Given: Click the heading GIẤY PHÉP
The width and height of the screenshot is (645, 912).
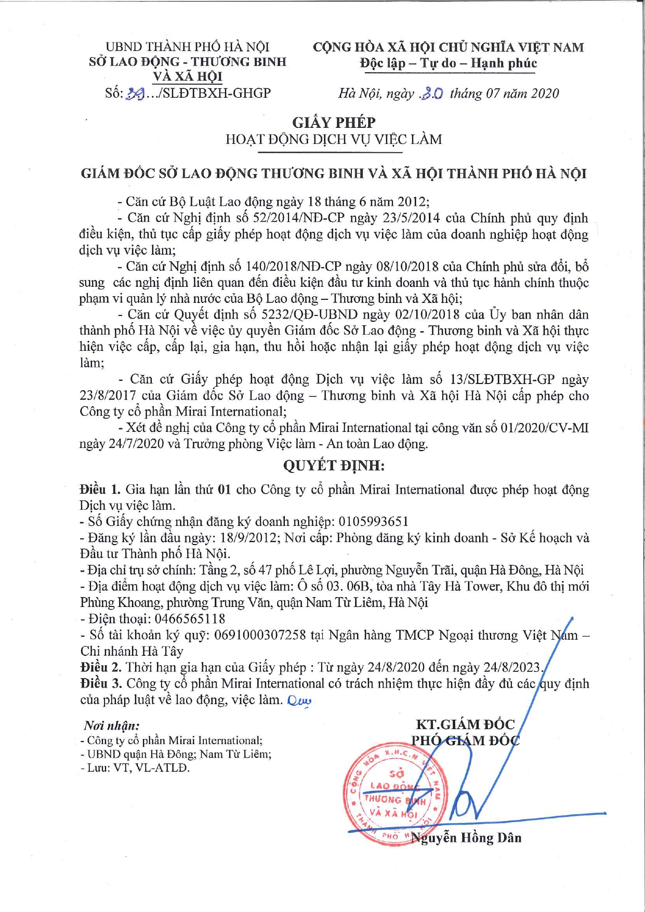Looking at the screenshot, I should coord(334,123).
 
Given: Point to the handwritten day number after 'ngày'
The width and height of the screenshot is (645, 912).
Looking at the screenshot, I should coord(432,94).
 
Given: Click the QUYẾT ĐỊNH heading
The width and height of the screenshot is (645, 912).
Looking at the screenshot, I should coord(334,465).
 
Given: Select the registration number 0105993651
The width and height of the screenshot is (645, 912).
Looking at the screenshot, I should coord(373,521).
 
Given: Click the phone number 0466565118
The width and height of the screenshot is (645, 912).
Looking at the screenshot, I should coord(189,618).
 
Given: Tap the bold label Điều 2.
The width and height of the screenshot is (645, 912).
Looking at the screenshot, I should coord(100,667).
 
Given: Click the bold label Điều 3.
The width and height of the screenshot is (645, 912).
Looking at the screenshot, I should coord(101,683).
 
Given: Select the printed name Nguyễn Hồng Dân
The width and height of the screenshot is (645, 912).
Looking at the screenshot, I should coord(466,838).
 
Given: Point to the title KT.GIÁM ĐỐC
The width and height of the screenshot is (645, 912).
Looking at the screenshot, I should coord(465,724).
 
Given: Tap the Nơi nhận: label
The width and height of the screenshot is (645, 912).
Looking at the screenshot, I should coord(111,725).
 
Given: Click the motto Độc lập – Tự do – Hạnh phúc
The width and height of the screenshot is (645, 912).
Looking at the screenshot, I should coord(448,63).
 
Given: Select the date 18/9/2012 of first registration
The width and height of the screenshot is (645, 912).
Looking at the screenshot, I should coord(250,537).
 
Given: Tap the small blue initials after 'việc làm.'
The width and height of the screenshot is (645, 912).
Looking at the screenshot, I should coord(299,701).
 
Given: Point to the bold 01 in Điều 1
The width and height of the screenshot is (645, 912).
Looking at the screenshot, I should coord(224,490).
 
